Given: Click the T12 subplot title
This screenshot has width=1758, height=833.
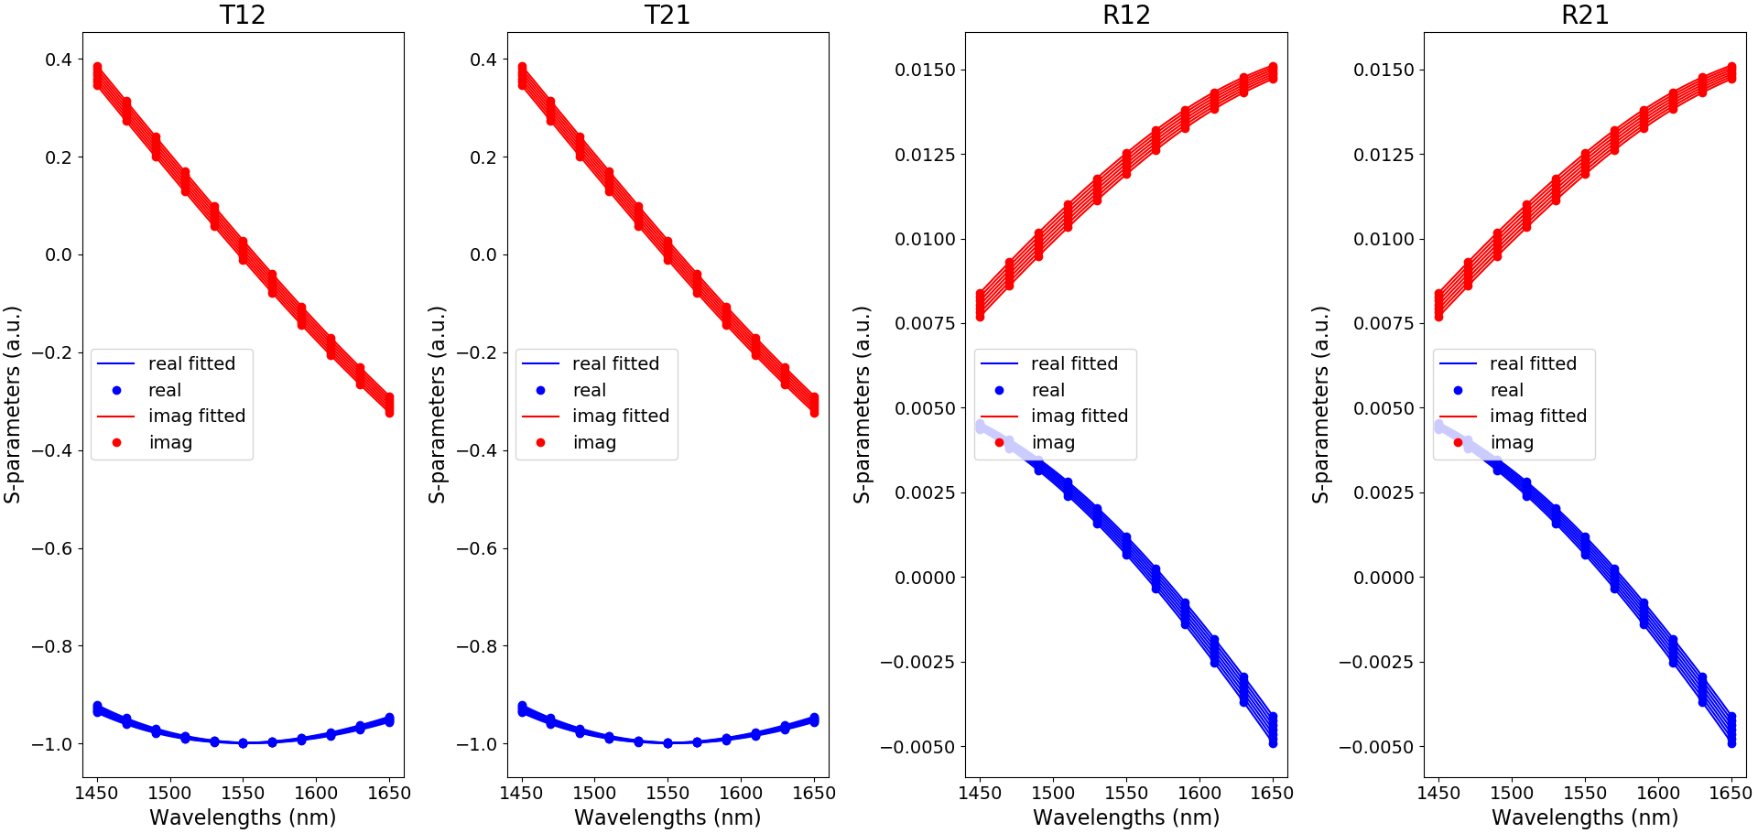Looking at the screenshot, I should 243,15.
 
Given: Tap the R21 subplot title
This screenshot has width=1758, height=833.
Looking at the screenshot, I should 1584,15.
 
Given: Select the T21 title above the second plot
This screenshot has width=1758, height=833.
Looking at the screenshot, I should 667,15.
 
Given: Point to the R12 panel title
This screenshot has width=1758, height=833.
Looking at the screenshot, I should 1125,15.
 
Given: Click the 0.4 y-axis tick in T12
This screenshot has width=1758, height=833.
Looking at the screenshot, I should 59,59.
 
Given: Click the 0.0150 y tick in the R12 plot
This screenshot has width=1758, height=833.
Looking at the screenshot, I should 925,70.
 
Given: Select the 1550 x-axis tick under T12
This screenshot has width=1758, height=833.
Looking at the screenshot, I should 243,793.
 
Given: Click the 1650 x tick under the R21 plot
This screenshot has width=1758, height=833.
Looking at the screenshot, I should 1731,793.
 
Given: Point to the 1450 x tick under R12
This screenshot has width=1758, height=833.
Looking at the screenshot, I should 980,793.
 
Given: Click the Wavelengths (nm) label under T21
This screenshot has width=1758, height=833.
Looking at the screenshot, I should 667,817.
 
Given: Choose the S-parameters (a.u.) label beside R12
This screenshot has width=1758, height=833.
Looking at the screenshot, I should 862,405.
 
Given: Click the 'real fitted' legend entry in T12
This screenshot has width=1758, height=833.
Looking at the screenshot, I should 191,363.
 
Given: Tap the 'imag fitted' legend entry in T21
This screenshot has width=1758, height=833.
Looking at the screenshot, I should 621,416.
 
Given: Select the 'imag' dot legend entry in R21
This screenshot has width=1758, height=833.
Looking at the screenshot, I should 1512,442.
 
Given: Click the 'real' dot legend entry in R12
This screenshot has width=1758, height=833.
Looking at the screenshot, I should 1047,390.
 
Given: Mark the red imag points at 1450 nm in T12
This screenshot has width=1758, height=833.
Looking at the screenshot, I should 97,75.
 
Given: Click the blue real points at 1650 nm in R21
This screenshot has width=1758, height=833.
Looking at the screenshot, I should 1731,730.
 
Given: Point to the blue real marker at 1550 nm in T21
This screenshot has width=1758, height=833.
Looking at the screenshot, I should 667,743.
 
